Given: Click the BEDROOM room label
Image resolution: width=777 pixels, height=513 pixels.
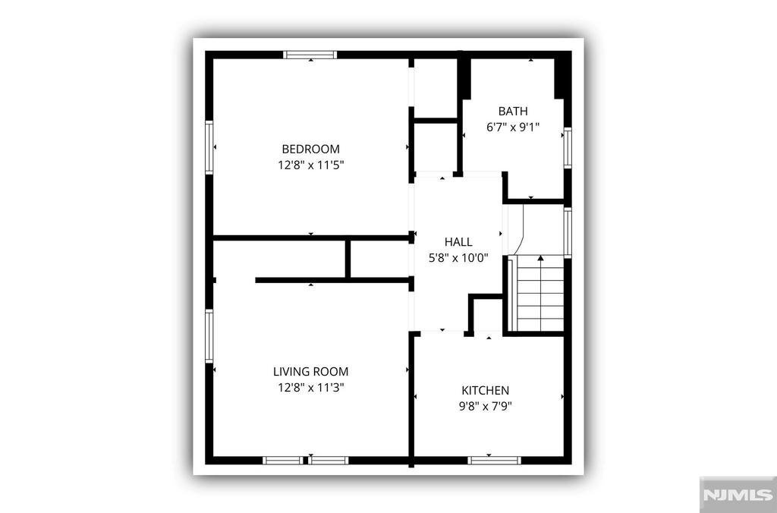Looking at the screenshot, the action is coord(310,149).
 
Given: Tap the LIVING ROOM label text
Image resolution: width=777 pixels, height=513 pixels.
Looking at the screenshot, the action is coord(310,371).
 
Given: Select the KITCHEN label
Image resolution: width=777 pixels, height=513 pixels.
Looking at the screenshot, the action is coord(485,391).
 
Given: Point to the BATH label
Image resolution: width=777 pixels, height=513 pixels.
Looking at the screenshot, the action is coord(513,111).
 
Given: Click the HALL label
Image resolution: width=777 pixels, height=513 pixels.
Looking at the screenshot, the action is coord(458,242).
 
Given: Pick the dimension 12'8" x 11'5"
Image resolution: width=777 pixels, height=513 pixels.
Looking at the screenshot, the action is coord(310,165).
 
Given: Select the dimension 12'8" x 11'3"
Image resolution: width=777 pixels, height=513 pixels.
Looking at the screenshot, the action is coord(310,387).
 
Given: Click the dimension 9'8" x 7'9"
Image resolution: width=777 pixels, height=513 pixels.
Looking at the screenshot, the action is coord(485,407).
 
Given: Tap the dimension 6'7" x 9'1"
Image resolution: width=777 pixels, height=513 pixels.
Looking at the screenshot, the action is coord(513,127).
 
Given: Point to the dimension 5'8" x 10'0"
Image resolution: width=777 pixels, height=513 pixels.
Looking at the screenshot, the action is coord(458,258).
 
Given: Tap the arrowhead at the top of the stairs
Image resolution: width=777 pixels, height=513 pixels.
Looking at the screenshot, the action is coord(540,258).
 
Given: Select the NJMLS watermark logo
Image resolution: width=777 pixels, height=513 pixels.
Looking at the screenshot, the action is coord(738,494).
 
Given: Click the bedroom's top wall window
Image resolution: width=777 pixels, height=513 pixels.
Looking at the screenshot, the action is coord(310,55).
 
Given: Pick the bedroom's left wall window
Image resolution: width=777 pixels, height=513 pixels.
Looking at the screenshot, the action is coord(209,147).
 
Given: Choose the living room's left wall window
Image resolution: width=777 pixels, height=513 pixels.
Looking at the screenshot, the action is coord(209,335).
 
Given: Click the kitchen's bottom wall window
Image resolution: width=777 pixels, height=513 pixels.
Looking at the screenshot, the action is coord(494,461).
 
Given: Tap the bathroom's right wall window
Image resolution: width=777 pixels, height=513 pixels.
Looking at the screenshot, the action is coord(568,148).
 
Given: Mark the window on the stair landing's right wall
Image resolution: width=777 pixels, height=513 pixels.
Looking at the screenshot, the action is coord(568,232).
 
